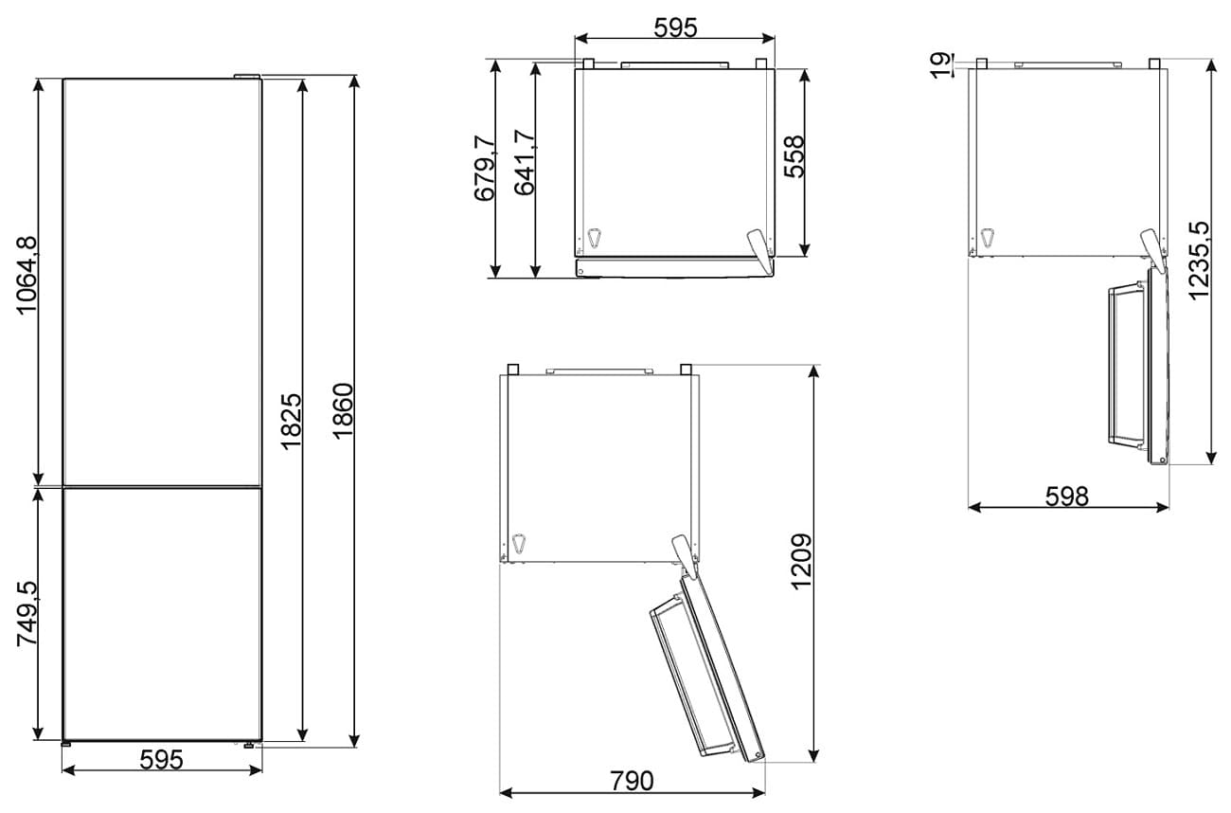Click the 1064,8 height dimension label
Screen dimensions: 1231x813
pos(27,275)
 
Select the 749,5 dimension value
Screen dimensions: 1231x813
pos(27,614)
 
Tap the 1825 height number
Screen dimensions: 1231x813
pos(292,422)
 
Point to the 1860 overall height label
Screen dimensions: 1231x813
pos(343,411)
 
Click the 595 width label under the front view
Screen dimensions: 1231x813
pos(161,760)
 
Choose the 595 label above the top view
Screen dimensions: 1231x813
pos(675,27)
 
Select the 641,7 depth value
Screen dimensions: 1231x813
pos(525,162)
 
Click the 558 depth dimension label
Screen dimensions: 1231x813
pos(794,156)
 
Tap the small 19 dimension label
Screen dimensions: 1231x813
pos(941,65)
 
